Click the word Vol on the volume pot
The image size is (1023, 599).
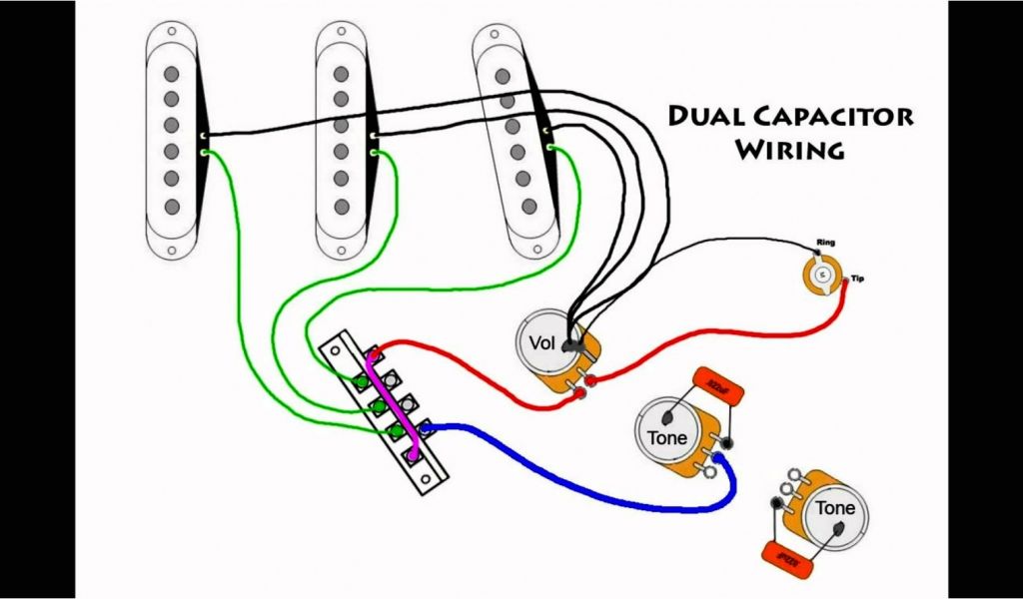pyautogui.click(x=541, y=343)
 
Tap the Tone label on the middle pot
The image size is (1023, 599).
pyautogui.click(x=666, y=437)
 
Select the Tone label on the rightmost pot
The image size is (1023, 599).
pyautogui.click(x=835, y=508)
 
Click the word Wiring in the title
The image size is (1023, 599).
pyautogui.click(x=790, y=151)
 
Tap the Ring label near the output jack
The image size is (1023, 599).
pyautogui.click(x=825, y=243)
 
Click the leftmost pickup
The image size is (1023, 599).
pyautogui.click(x=173, y=140)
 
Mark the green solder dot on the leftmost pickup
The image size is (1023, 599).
pyautogui.click(x=204, y=153)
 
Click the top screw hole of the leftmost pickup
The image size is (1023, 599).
pyautogui.click(x=173, y=41)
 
